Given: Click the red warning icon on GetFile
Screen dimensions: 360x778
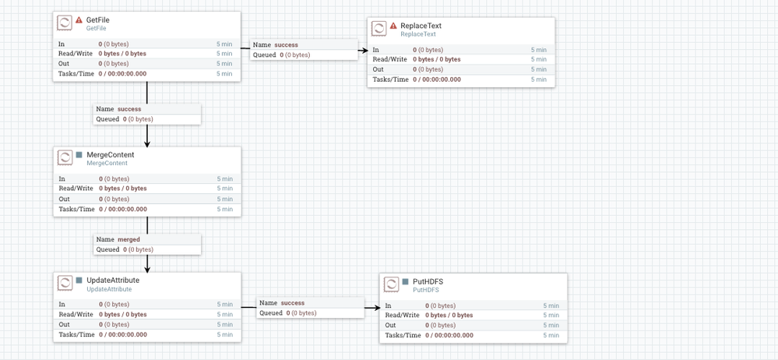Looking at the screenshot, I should (79, 20).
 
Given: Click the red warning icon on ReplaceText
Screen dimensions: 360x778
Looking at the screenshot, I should (393, 26).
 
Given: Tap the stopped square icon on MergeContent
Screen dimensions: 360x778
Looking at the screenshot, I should (79, 155).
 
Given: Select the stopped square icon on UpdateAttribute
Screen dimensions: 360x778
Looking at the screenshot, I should (79, 281).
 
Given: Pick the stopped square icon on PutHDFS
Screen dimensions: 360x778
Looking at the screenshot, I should (405, 282).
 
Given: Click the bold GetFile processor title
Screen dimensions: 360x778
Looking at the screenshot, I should (97, 20).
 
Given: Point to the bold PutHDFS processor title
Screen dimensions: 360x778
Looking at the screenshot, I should (428, 282).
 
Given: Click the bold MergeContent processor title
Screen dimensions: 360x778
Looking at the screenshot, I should (110, 155).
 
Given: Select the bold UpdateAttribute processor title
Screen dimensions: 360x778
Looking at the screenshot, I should (112, 281).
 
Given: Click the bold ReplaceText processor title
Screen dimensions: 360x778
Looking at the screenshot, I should (421, 26).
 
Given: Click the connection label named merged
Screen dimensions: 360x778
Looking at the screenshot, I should (128, 239).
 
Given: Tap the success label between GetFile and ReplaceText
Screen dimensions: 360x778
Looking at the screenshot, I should (286, 45).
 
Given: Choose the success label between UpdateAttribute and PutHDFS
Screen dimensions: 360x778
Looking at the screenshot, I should (292, 302).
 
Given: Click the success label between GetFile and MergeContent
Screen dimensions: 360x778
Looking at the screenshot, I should (128, 109).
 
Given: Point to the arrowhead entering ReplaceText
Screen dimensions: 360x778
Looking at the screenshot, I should (364, 51).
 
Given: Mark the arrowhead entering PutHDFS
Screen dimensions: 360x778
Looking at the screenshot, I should (377, 308).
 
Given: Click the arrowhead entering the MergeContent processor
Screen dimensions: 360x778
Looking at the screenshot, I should (147, 143).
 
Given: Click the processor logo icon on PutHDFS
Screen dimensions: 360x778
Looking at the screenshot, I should (392, 284).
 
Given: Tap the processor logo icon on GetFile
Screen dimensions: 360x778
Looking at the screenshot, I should (65, 23).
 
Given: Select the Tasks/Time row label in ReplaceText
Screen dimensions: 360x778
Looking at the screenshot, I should (390, 79).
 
